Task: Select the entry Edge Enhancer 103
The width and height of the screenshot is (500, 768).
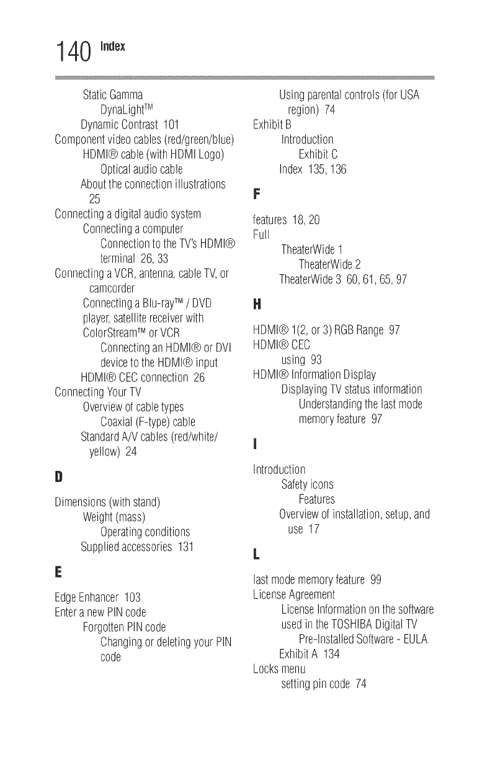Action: click(98, 598)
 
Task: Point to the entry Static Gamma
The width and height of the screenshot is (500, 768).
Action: click(114, 96)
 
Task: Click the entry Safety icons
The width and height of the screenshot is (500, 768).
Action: click(307, 484)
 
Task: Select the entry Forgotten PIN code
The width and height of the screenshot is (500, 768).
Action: click(124, 627)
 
